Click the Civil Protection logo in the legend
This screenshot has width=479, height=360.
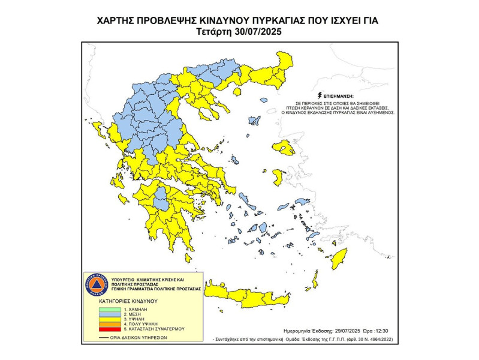click(x=97, y=281)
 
